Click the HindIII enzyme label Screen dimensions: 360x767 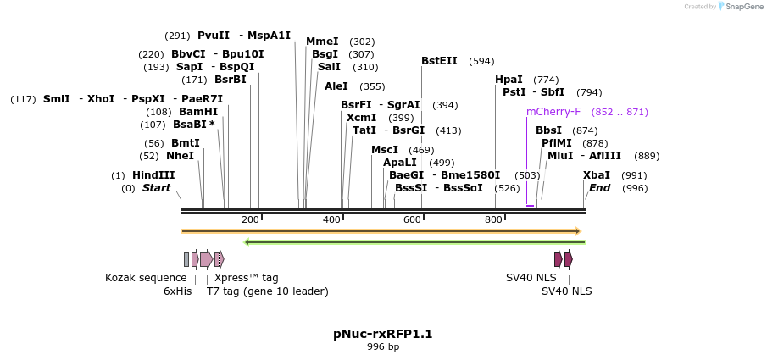(153, 175)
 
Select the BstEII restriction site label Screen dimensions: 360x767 (439, 61)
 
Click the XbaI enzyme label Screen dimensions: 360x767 (597, 175)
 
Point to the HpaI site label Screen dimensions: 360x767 (509, 80)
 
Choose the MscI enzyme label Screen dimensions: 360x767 (385, 150)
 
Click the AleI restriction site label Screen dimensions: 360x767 (336, 86)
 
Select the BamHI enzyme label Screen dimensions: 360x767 (198, 112)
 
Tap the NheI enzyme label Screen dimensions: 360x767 (180, 156)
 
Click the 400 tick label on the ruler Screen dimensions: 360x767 (331, 220)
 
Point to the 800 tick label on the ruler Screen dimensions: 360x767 (494, 220)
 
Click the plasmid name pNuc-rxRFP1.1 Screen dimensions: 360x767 (383, 334)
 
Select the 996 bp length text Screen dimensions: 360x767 (383, 346)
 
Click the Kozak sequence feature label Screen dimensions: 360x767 (146, 278)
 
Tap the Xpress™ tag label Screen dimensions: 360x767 (246, 278)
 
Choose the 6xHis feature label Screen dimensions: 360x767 (178, 291)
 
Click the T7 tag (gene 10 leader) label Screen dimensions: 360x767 (267, 291)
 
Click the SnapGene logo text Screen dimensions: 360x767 (740, 7)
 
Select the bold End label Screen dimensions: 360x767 (600, 188)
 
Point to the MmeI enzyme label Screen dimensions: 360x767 (322, 42)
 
